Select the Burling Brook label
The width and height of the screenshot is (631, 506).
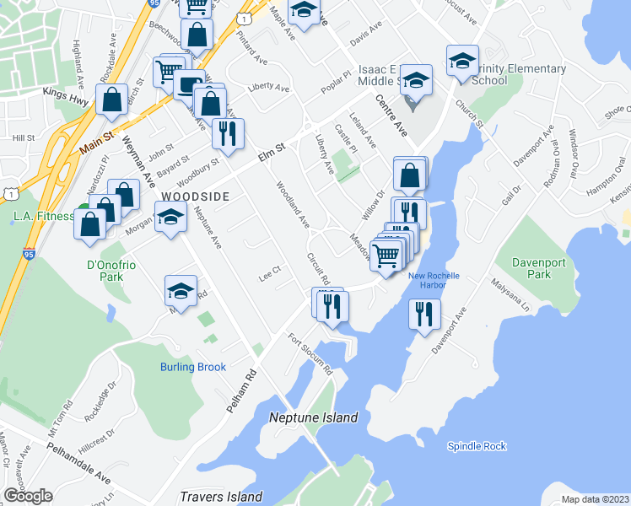click(x=193, y=367)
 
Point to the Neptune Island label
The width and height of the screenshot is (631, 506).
click(x=313, y=417)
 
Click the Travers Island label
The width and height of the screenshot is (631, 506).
click(x=221, y=497)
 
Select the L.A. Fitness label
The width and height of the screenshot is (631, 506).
click(x=44, y=216)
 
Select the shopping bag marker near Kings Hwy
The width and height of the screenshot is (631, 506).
click(x=112, y=100)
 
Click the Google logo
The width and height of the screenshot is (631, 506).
click(x=28, y=497)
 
